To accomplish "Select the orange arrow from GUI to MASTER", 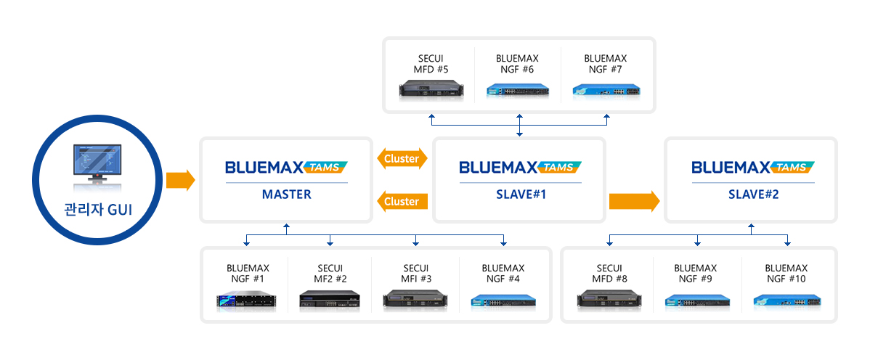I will point(180,180).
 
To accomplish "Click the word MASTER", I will point(286,195).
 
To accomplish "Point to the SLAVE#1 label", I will point(519,195).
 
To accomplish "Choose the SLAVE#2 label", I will point(752,195).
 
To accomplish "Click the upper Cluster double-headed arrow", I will point(402,159).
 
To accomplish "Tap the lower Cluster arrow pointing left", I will point(402,201).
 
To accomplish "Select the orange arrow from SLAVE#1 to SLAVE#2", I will point(634,201).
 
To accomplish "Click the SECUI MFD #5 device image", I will point(431,90).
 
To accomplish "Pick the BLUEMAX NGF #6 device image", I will point(519,91).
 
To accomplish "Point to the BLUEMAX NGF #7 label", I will point(605,64).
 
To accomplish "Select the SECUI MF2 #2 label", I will point(330,274).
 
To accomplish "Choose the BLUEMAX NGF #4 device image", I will point(503,300).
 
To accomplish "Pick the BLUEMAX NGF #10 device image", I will point(786,300).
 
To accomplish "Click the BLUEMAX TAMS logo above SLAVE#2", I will point(752,168).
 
